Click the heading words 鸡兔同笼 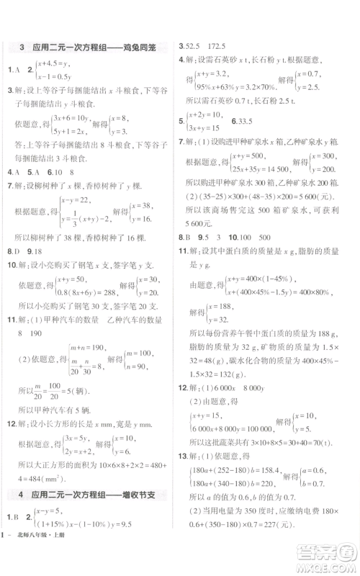tap(145, 48)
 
